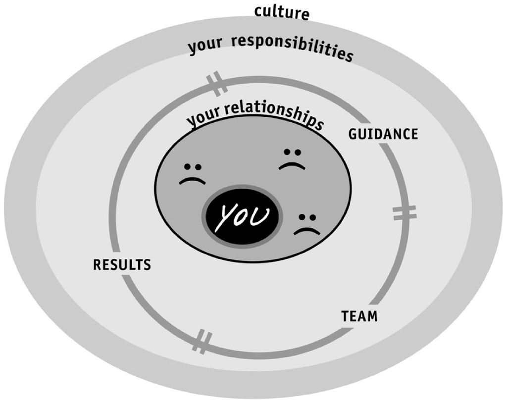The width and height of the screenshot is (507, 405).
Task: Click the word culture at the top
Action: tap(282, 13)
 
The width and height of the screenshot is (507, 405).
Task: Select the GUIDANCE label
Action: tap(383, 134)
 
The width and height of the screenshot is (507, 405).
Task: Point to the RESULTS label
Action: tap(122, 265)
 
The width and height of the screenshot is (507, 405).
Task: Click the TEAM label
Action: tap(359, 316)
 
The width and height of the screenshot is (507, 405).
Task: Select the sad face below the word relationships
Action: tap(292, 159)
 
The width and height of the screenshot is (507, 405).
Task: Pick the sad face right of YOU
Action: tap(307, 224)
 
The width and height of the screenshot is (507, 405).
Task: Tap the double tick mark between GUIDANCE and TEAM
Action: tap(404, 213)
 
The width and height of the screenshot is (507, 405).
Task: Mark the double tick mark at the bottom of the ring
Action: tap(203, 341)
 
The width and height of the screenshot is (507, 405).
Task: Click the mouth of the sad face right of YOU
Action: tap(307, 231)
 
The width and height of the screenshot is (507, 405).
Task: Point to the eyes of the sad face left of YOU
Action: tap(193, 166)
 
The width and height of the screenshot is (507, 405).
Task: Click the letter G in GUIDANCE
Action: tap(353, 134)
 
